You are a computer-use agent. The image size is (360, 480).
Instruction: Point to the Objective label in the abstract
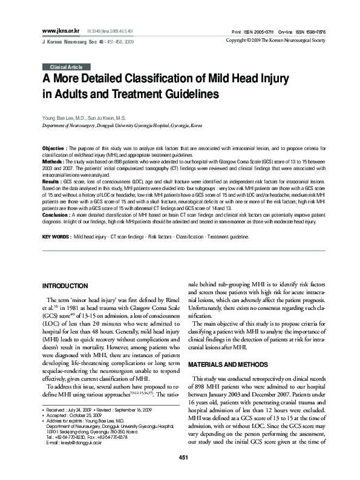point(54,148)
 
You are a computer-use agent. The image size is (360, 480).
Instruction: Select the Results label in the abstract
point(53,181)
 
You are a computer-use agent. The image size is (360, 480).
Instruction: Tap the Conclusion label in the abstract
point(56,215)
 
